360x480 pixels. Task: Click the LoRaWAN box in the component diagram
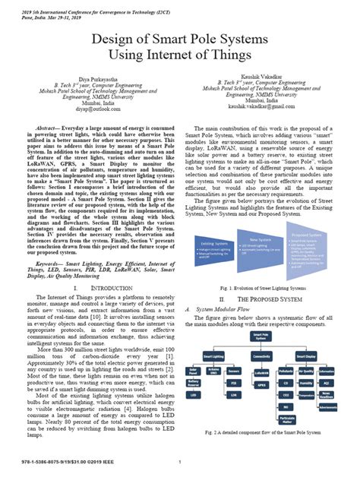[x=261, y=373]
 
